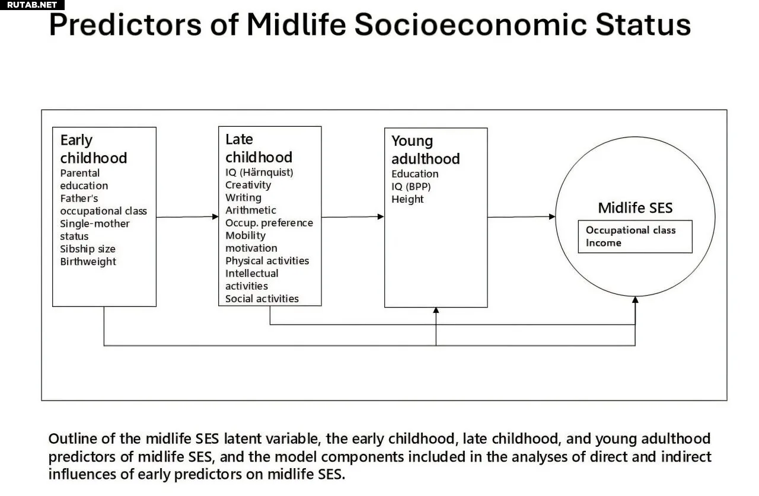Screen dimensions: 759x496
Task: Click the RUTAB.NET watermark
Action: pyautogui.click(x=32, y=5)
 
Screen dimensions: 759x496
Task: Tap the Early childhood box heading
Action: pyautogui.click(x=94, y=149)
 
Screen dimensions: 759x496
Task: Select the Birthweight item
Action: pyautogui.click(x=88, y=262)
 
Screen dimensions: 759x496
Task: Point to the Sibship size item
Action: pyautogui.click(x=88, y=249)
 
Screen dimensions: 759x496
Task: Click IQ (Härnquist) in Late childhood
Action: pyautogui.click(x=259, y=172)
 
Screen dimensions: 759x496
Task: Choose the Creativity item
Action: pyautogui.click(x=248, y=185)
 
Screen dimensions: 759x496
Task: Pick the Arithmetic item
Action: pyautogui.click(x=251, y=210)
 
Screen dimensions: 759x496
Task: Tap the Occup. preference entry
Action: pyautogui.click(x=269, y=223)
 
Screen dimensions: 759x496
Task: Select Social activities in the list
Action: pyautogui.click(x=262, y=299)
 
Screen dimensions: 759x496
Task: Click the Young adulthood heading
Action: pyautogui.click(x=426, y=150)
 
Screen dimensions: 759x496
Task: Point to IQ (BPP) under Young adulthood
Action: pyautogui.click(x=411, y=187)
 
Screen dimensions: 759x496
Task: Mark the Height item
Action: pyautogui.click(x=407, y=199)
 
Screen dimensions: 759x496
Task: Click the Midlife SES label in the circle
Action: pyautogui.click(x=635, y=208)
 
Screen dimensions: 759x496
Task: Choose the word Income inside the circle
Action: pyautogui.click(x=604, y=243)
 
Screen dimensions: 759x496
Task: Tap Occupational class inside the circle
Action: pyautogui.click(x=630, y=231)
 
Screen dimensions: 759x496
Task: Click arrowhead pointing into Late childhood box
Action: pyautogui.click(x=215, y=217)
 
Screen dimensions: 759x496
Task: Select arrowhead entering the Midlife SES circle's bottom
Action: pyautogui.click(x=635, y=300)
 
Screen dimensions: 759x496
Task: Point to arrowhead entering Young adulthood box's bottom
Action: pyautogui.click(x=436, y=310)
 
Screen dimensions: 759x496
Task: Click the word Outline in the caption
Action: pyautogui.click(x=72, y=439)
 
